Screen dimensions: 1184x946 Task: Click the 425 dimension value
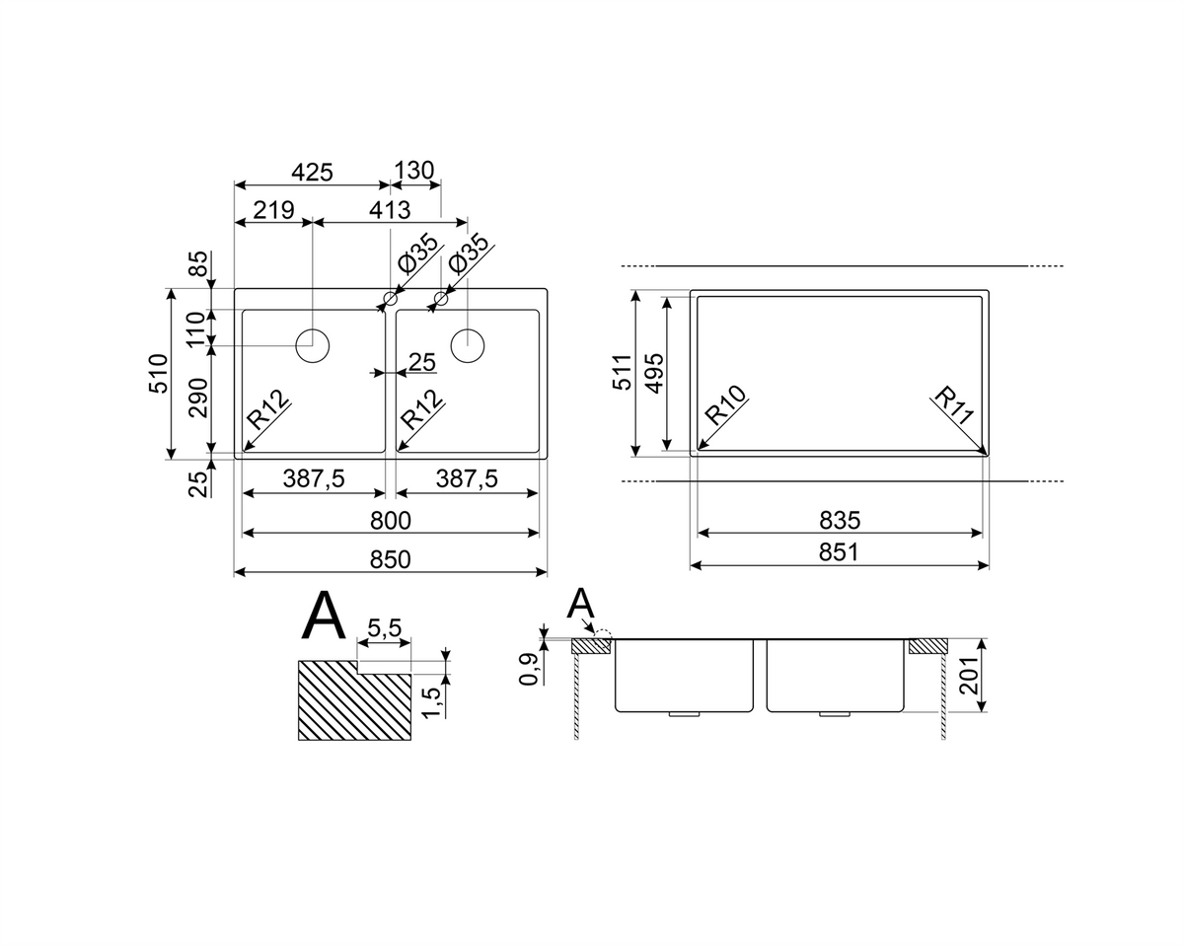(312, 173)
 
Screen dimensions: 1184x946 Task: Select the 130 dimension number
(413, 171)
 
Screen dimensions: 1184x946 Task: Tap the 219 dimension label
(273, 209)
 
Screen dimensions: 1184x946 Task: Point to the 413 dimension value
(390, 210)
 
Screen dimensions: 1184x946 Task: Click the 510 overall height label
(159, 374)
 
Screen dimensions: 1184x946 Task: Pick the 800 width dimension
(390, 520)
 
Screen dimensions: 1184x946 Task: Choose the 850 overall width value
(390, 559)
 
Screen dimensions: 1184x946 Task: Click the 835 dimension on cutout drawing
(840, 520)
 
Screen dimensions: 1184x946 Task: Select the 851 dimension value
(839, 551)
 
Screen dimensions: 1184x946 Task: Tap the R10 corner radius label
(726, 404)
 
